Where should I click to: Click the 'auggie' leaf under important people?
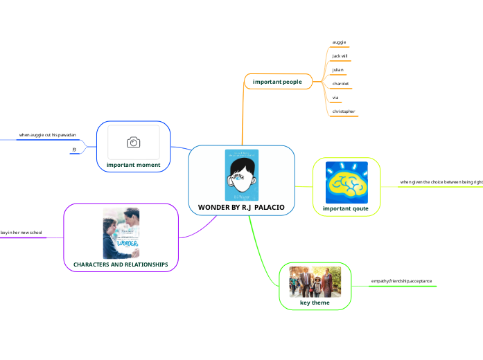[x=339, y=42]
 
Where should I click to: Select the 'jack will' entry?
[x=340, y=55]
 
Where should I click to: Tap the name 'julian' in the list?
[x=337, y=70]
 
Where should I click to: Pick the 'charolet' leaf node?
[x=340, y=84]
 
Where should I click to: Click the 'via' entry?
[x=335, y=98]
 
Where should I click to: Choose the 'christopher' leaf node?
[x=344, y=111]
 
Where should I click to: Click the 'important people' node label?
[x=277, y=82]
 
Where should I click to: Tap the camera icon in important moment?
[x=133, y=142]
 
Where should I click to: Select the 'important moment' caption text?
[x=134, y=165]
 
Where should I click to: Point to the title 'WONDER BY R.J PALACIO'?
[x=241, y=207]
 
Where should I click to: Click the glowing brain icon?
[x=346, y=182]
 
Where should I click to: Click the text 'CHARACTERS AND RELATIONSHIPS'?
[x=121, y=264]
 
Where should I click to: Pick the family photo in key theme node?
[x=315, y=282]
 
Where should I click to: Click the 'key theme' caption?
[x=315, y=303]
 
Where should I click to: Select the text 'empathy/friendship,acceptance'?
[x=401, y=281]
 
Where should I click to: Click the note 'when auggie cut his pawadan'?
[x=47, y=134]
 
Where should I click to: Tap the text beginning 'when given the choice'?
[x=441, y=182]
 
